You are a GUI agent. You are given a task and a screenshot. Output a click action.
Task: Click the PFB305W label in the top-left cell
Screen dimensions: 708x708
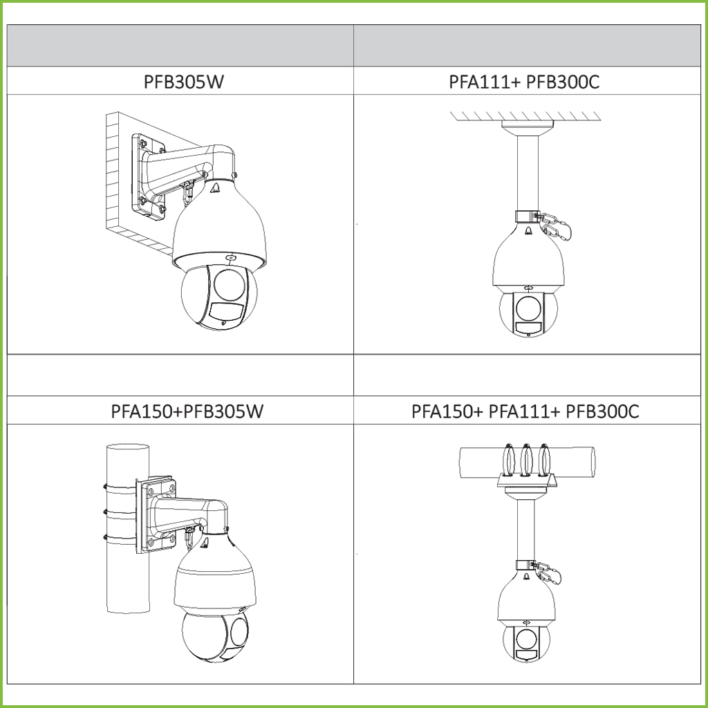(x=183, y=82)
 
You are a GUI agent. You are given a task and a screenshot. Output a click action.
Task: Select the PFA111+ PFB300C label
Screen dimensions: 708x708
(x=524, y=82)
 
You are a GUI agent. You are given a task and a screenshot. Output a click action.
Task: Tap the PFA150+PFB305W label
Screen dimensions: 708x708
(x=187, y=411)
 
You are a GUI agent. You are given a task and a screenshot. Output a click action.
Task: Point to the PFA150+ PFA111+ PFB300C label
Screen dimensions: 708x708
(x=525, y=411)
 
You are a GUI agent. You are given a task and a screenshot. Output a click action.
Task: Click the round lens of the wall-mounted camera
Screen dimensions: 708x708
(x=230, y=286)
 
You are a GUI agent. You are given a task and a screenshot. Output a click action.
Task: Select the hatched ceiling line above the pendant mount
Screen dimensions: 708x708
(x=525, y=116)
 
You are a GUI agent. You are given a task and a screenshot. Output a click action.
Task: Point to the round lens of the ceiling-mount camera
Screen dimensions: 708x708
(x=528, y=308)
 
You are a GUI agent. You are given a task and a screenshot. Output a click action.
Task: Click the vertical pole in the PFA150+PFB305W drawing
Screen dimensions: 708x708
(x=128, y=528)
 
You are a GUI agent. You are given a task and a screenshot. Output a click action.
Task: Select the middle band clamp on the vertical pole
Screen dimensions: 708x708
(x=120, y=512)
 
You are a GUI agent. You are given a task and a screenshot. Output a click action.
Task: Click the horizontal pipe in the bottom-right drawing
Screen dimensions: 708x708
(x=527, y=461)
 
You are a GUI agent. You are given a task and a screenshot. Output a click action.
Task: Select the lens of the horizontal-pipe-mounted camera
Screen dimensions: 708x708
(x=526, y=639)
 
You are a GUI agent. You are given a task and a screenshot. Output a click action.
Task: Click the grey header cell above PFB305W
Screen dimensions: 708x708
(x=180, y=46)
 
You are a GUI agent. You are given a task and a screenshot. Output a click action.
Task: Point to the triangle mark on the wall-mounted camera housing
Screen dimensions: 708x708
(x=216, y=189)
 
